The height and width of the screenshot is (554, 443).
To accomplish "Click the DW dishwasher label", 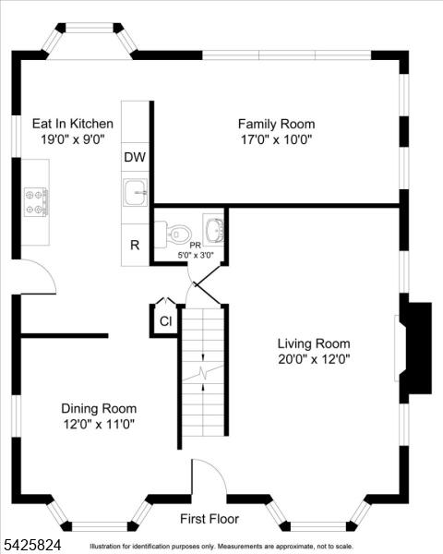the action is tap(135, 157).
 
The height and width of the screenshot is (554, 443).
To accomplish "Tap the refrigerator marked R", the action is tap(135, 245).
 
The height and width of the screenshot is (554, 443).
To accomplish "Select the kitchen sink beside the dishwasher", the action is tap(135, 192).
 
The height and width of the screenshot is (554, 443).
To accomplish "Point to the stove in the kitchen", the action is tap(36, 201).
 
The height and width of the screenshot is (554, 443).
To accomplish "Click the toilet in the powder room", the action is tap(174, 234).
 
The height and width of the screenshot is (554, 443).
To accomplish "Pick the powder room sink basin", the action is tap(214, 230).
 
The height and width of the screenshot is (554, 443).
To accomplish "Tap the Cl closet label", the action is tap(166, 321).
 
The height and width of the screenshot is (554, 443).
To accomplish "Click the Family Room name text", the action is tap(276, 124).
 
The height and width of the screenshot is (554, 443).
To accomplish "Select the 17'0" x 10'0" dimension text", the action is tap(276, 140).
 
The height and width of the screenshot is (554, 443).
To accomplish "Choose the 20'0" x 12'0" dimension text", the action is tap(314, 359).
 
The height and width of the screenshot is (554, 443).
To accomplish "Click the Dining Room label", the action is tap(99, 408).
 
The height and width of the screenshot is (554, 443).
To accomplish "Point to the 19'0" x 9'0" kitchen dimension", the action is tap(73, 139).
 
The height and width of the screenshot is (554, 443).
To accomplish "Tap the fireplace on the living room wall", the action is tap(415, 348).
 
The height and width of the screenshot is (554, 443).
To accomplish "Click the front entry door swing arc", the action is tap(217, 468).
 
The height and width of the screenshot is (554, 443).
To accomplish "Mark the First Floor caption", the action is tap(210, 519).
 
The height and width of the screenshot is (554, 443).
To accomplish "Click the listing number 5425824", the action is tap(31, 545).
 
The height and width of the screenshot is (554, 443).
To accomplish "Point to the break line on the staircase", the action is tap(203, 373).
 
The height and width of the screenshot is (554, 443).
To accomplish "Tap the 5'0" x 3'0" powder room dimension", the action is tap(196, 255).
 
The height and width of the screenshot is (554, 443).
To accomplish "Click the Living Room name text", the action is tap(314, 343).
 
